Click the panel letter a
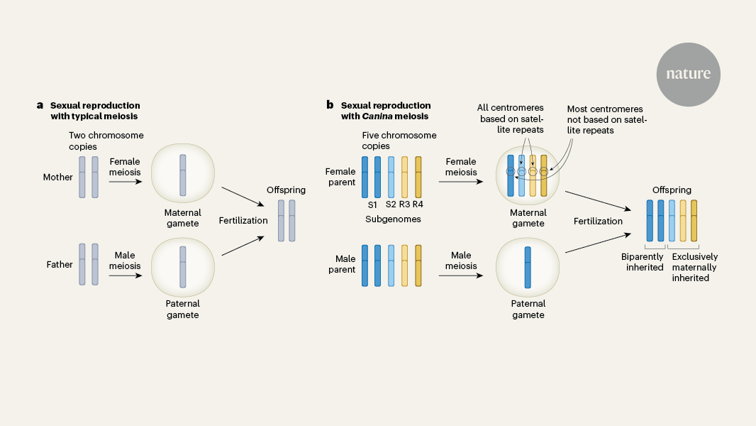[40, 105]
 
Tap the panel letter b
[330, 105]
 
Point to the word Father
[60, 265]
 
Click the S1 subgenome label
[372, 204]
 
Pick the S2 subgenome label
[390, 204]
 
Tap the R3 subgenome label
[404, 204]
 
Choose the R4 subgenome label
[418, 204]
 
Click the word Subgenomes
[392, 219]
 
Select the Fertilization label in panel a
[243, 220]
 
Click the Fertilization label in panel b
[598, 221]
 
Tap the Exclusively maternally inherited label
[694, 268]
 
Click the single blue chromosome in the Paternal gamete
[528, 266]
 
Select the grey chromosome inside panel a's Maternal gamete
[183, 174]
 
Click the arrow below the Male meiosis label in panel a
[125, 276]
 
